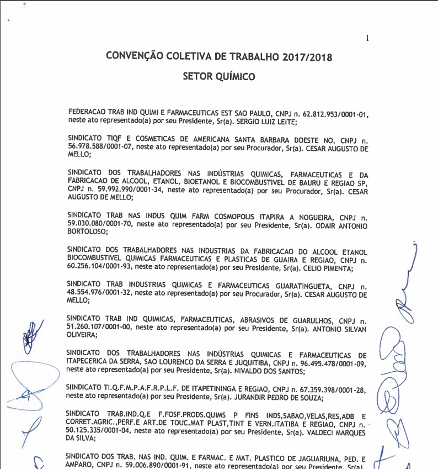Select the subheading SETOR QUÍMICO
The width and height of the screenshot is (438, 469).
tap(219, 77)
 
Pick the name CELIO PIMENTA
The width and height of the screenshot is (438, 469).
tap(328, 268)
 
